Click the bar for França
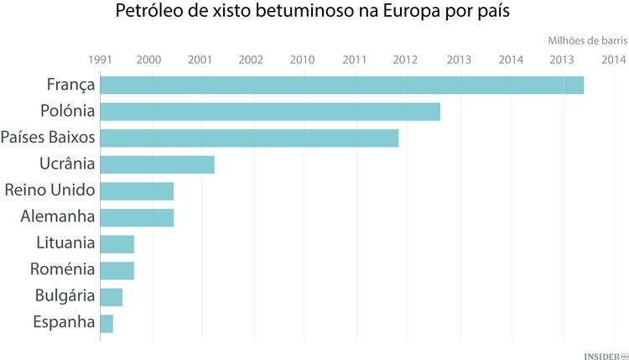click(x=341, y=85)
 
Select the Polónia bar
click(x=270, y=112)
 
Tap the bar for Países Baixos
click(x=249, y=138)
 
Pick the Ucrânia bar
click(x=157, y=164)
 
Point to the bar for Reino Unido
click(x=137, y=191)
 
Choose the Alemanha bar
click(x=137, y=218)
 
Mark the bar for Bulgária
click(x=111, y=297)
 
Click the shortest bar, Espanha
click(x=107, y=324)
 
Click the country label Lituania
click(x=65, y=243)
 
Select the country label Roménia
click(x=63, y=269)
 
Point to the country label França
click(x=70, y=84)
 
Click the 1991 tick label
click(x=100, y=60)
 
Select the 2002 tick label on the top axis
click(x=251, y=60)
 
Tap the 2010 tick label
click(x=303, y=60)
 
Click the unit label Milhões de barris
click(x=587, y=40)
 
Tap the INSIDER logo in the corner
click(x=603, y=355)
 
